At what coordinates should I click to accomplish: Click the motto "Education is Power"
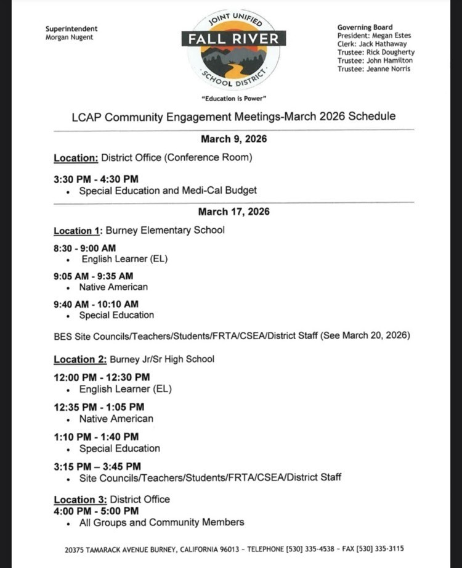coord(234,99)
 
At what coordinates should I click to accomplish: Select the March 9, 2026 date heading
coord(233,139)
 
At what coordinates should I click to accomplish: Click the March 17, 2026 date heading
coord(233,212)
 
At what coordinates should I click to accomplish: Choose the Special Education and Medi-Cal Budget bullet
coord(168,191)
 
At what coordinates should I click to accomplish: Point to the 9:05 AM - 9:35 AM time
coord(93,276)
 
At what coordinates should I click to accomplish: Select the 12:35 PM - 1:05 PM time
coord(99,407)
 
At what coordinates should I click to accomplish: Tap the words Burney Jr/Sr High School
coord(162,359)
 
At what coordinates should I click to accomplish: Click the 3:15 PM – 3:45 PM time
coord(97,466)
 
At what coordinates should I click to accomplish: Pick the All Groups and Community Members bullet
coord(161,522)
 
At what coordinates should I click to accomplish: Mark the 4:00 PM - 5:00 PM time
coord(95,511)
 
